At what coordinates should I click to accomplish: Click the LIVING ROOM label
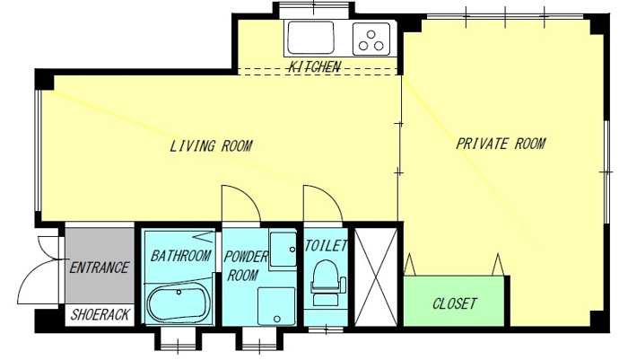211,145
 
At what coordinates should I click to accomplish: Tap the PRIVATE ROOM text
501,143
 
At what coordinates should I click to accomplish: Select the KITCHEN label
315,66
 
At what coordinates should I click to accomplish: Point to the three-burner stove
371,39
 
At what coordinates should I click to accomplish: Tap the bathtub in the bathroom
179,303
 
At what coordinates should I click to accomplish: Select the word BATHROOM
180,255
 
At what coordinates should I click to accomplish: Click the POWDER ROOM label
245,267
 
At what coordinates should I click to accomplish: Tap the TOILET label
326,246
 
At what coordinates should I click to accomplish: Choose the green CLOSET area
454,301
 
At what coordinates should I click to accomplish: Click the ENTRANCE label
99,268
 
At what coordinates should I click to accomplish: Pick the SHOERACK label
100,315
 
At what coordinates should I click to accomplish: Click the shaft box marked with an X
376,277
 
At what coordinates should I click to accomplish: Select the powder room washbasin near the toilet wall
283,249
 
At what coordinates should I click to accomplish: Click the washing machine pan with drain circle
276,306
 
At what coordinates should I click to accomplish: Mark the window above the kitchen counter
314,11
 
